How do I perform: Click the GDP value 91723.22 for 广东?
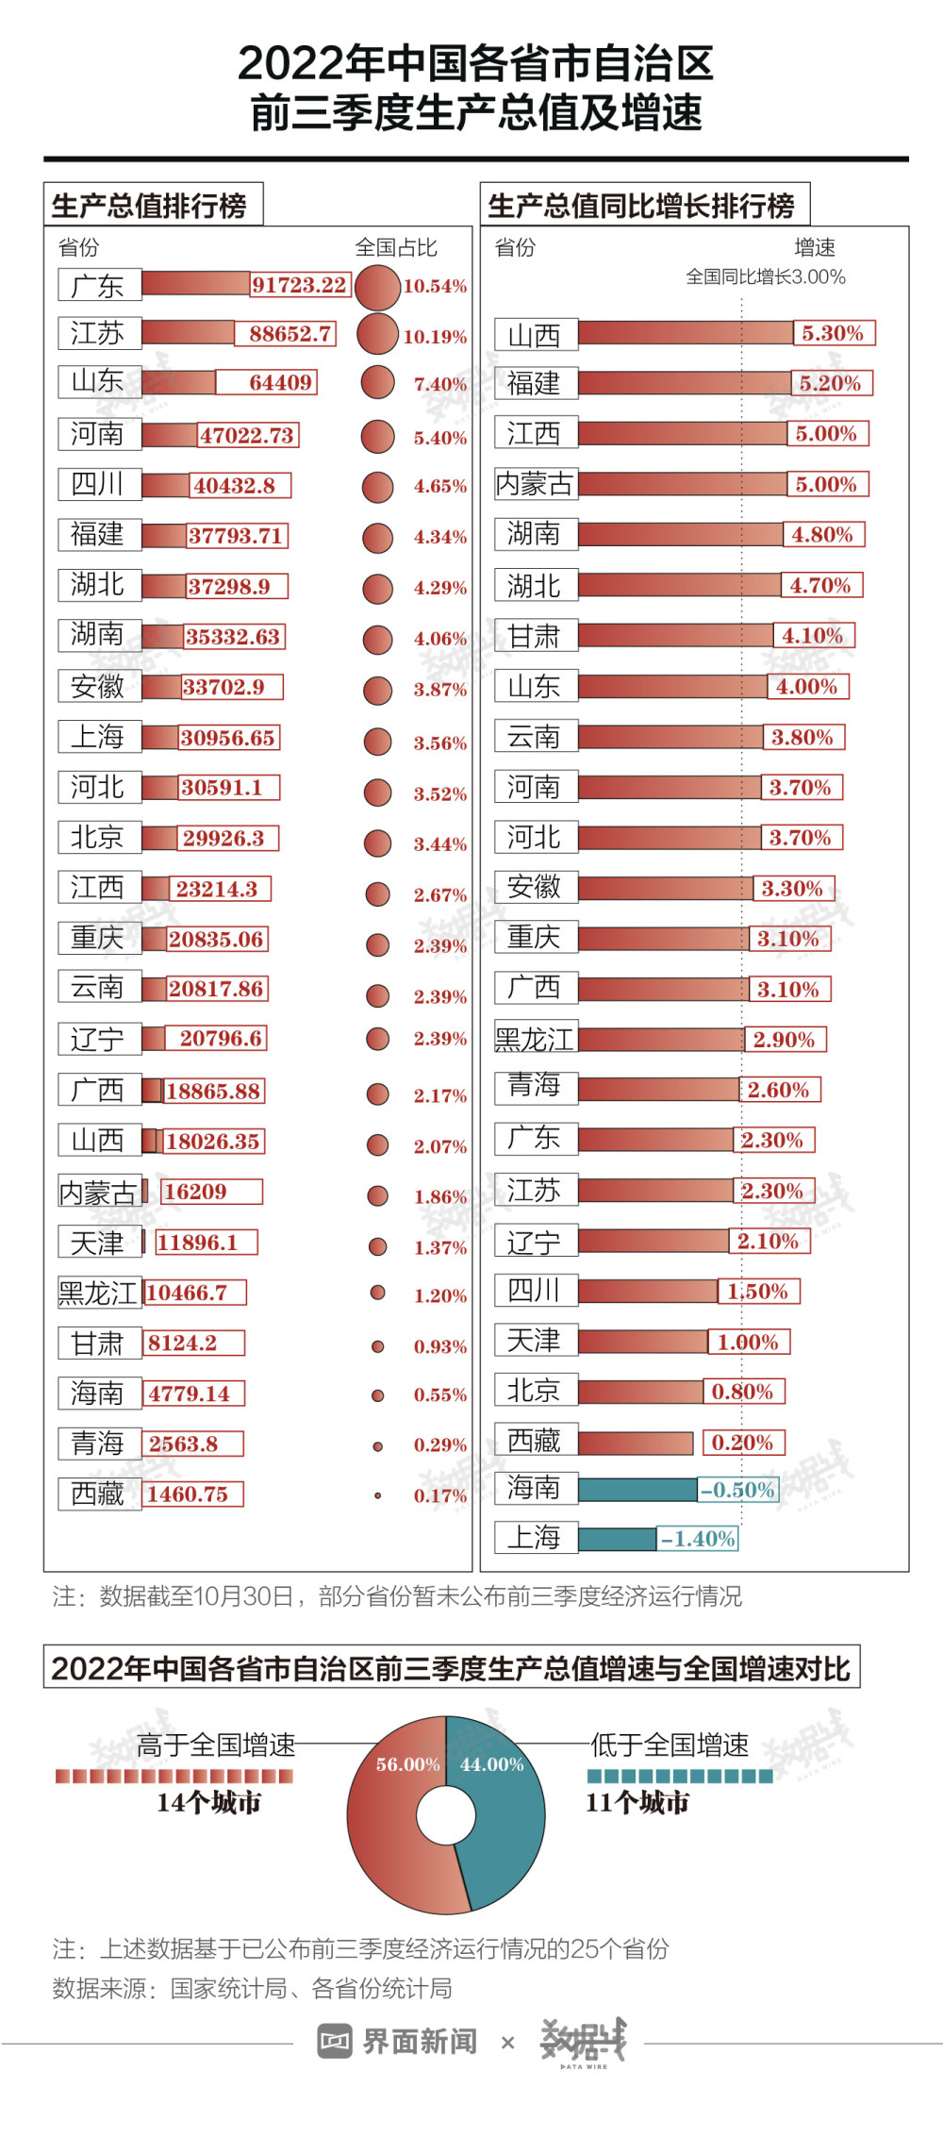coord(300,285)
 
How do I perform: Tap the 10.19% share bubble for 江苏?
coord(377,334)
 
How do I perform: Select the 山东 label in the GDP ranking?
coord(99,381)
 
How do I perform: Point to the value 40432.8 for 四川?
coord(236,486)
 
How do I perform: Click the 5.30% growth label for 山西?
coord(833,333)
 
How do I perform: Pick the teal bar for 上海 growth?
coord(617,1539)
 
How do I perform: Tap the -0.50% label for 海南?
coord(738,1490)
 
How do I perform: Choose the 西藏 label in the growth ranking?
coord(535,1441)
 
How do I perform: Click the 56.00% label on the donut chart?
coord(407,1764)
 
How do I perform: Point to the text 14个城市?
coord(208,1803)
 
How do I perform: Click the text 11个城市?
coord(637,1803)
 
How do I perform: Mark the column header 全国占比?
coord(396,247)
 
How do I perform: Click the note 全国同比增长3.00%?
coord(765,277)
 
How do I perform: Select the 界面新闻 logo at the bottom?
coord(399,2042)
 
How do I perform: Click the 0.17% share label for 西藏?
coord(439,1495)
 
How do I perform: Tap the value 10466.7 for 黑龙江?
coord(189,1293)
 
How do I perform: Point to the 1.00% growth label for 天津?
coord(749,1342)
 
